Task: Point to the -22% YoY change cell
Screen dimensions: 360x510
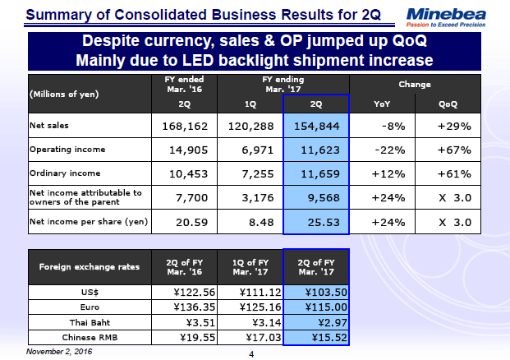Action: pos(384,150)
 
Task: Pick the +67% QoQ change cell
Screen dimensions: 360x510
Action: pos(453,150)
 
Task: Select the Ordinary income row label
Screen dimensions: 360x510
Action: pos(65,173)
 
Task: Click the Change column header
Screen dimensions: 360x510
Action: pos(415,85)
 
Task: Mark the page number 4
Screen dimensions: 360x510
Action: pos(253,354)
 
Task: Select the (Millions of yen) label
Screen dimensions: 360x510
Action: pos(64,94)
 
